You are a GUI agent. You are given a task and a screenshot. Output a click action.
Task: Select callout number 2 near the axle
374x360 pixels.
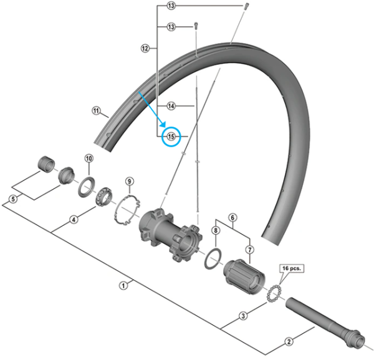click(289, 341)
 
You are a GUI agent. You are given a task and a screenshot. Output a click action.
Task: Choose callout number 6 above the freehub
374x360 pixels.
click(232, 218)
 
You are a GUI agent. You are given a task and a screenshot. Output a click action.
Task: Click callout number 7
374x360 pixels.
click(250, 249)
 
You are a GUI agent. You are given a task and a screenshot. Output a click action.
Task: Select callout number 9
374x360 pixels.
click(130, 182)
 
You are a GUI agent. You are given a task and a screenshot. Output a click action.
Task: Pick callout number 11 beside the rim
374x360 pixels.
click(96, 111)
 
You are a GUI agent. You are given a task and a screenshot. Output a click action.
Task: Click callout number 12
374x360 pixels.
click(145, 47)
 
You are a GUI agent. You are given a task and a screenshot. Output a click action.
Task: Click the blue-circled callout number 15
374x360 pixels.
click(171, 136)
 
